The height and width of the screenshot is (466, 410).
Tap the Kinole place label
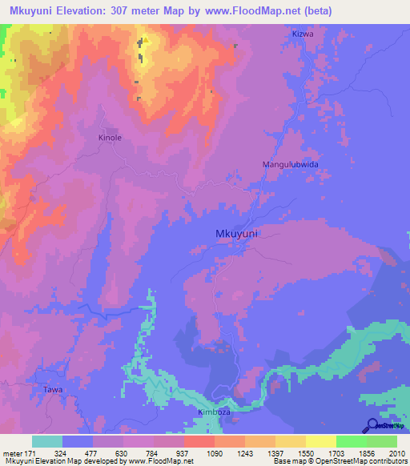(110, 138)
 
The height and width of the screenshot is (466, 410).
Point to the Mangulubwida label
(291, 164)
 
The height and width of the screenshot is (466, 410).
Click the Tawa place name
(52, 389)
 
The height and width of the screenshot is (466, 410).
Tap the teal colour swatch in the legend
(47, 441)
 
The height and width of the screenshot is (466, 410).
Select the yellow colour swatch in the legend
(320, 441)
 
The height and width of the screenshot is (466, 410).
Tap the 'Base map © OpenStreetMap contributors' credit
(339, 461)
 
